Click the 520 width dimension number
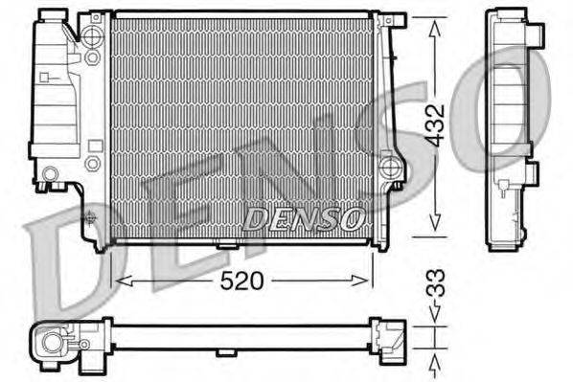point(241,281)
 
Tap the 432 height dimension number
point(436,125)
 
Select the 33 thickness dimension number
point(436,282)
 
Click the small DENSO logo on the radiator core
point(305,219)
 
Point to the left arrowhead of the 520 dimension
point(124,281)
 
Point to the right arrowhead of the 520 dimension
point(359,281)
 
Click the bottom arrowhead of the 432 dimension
point(434,223)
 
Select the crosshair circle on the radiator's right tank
point(388,168)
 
